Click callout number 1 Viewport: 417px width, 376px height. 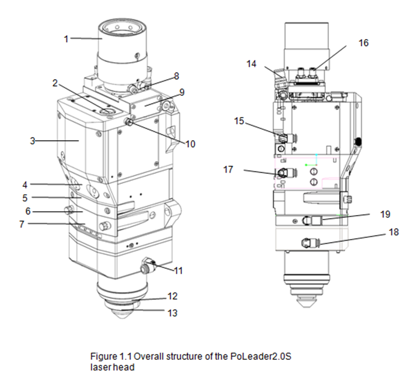coord(66,39)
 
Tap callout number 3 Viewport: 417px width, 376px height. coord(32,141)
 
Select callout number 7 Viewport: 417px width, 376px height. coord(22,224)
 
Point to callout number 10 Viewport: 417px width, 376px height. coord(190,144)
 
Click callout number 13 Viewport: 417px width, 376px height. coord(173,313)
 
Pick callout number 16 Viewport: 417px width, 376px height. coord(363,43)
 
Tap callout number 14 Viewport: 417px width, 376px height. coord(251,64)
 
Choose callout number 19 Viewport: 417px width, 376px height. coord(385,214)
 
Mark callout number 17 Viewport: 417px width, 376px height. coord(228,170)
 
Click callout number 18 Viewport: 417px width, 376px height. coord(394,232)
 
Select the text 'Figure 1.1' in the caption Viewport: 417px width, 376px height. coord(111,356)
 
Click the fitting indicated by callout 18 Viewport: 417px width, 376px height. coord(310,243)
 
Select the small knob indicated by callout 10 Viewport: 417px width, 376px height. coord(129,122)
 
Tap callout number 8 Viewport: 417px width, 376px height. coord(177,76)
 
